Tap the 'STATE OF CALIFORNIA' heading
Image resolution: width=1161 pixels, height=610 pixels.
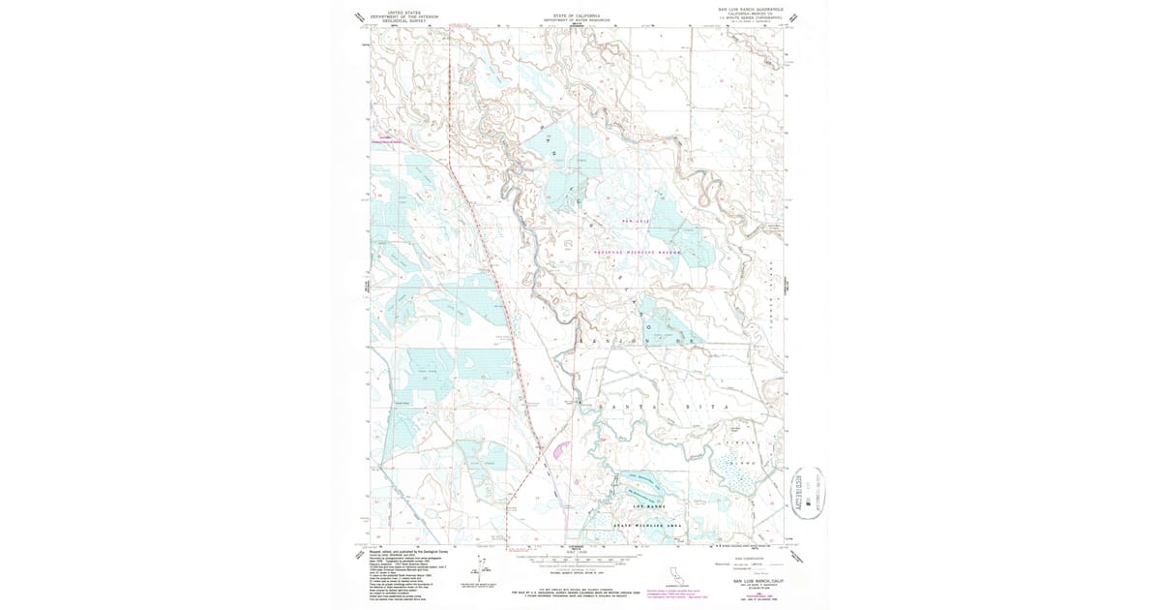click(577, 15)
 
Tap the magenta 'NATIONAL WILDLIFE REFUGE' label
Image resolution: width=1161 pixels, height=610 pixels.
click(637, 252)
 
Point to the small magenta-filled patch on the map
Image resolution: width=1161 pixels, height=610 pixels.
click(558, 447)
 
